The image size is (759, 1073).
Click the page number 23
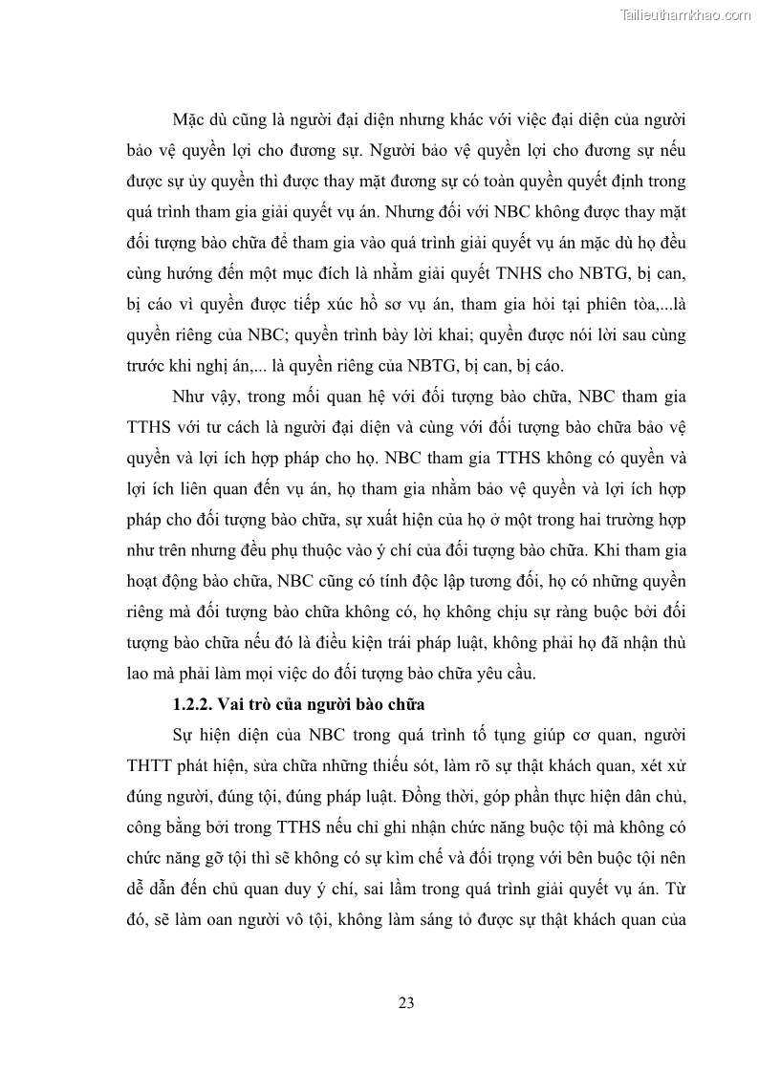pyautogui.click(x=405, y=1002)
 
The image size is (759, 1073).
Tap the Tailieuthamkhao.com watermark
pyautogui.click(x=684, y=14)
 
